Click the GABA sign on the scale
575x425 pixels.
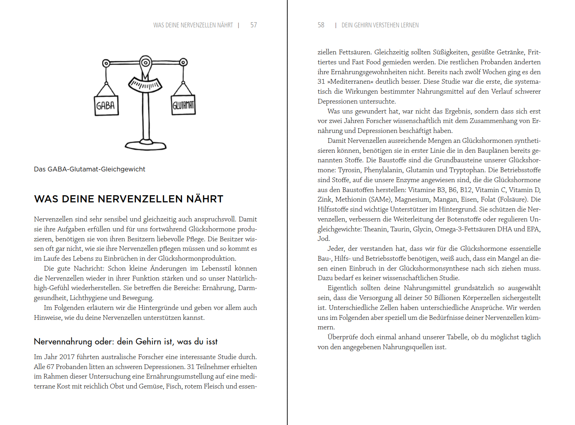pos(106,106)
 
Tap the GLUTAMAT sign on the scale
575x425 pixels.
pos(183,105)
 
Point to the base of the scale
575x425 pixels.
pos(145,145)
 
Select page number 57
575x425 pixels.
pos(254,25)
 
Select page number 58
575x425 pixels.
pos(321,25)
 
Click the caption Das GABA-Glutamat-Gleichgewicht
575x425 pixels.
pos(89,169)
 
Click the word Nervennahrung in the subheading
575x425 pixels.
pos(63,342)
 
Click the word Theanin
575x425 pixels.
pos(375,229)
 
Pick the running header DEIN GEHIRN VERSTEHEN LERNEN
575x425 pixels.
pos(380,25)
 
